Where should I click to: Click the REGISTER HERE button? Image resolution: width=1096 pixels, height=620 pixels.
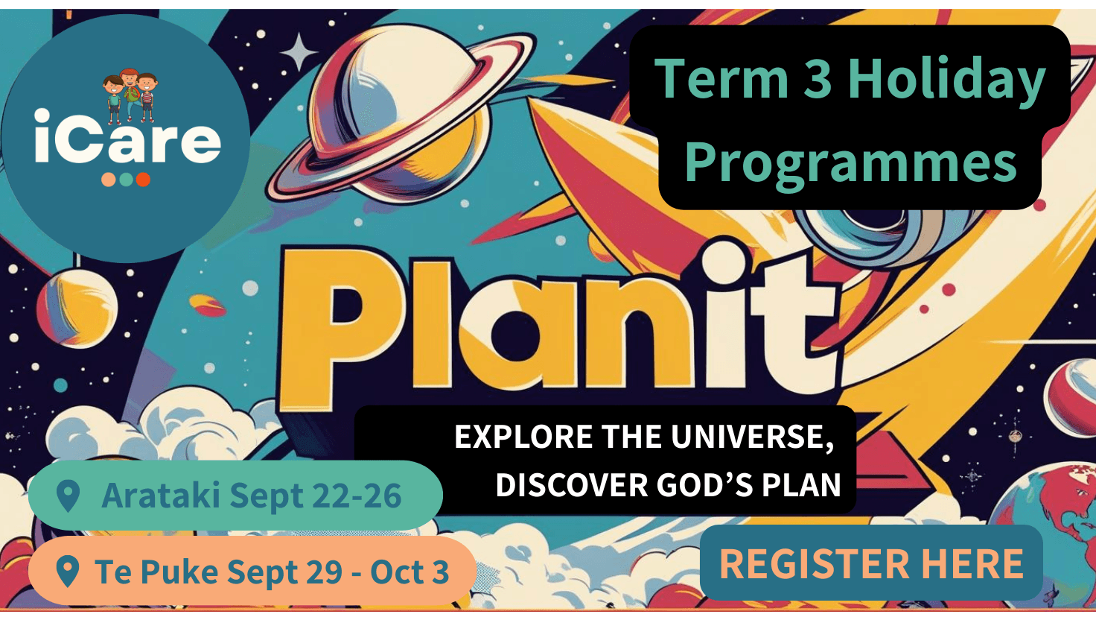pyautogui.click(x=871, y=563)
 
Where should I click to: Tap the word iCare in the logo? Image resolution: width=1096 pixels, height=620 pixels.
pyautogui.click(x=128, y=136)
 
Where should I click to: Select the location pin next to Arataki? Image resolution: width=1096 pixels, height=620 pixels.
pyautogui.click(x=68, y=496)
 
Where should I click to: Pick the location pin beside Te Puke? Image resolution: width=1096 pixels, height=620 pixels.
pyautogui.click(x=68, y=571)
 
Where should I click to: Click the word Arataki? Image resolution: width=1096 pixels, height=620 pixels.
pyautogui.click(x=161, y=495)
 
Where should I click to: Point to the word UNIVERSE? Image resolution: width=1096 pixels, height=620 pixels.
pyautogui.click(x=753, y=437)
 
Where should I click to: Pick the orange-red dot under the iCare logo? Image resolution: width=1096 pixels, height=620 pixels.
pyautogui.click(x=143, y=180)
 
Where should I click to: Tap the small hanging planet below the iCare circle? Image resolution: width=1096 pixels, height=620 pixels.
pyautogui.click(x=77, y=308)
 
